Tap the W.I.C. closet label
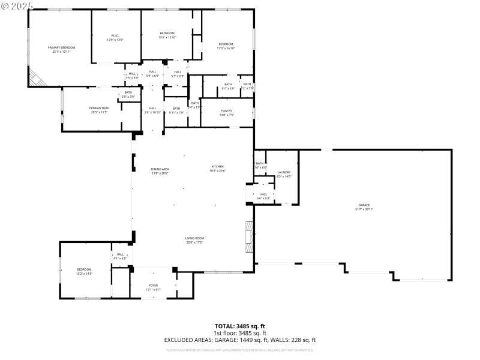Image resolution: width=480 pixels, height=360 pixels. tap(115, 37)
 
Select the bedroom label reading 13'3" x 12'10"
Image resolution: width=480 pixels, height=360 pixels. tap(167, 35)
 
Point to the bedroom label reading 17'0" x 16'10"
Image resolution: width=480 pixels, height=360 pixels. tap(226, 46)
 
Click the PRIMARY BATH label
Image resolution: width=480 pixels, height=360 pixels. tap(100, 110)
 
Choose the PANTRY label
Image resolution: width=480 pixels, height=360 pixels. tap(226, 112)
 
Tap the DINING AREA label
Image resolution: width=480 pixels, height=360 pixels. tap(160, 171)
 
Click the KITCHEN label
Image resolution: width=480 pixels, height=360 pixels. tap(217, 169)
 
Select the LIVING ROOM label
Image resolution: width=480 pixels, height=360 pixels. tap(194, 240)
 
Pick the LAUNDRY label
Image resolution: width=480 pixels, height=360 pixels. tap(284, 174)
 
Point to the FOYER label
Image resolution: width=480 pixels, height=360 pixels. tap(154, 287)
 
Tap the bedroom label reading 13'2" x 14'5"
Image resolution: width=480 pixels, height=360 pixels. tap(84, 271)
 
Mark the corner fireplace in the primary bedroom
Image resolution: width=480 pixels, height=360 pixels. tap(37, 77)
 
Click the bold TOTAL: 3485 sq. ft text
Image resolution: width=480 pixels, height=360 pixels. tap(240, 326)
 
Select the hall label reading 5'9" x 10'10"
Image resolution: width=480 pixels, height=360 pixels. tap(152, 110)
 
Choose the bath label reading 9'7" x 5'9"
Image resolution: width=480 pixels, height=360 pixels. tap(228, 86)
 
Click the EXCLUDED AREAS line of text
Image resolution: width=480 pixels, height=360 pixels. tap(240, 340)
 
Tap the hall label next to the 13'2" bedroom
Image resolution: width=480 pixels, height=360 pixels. tap(120, 256)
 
